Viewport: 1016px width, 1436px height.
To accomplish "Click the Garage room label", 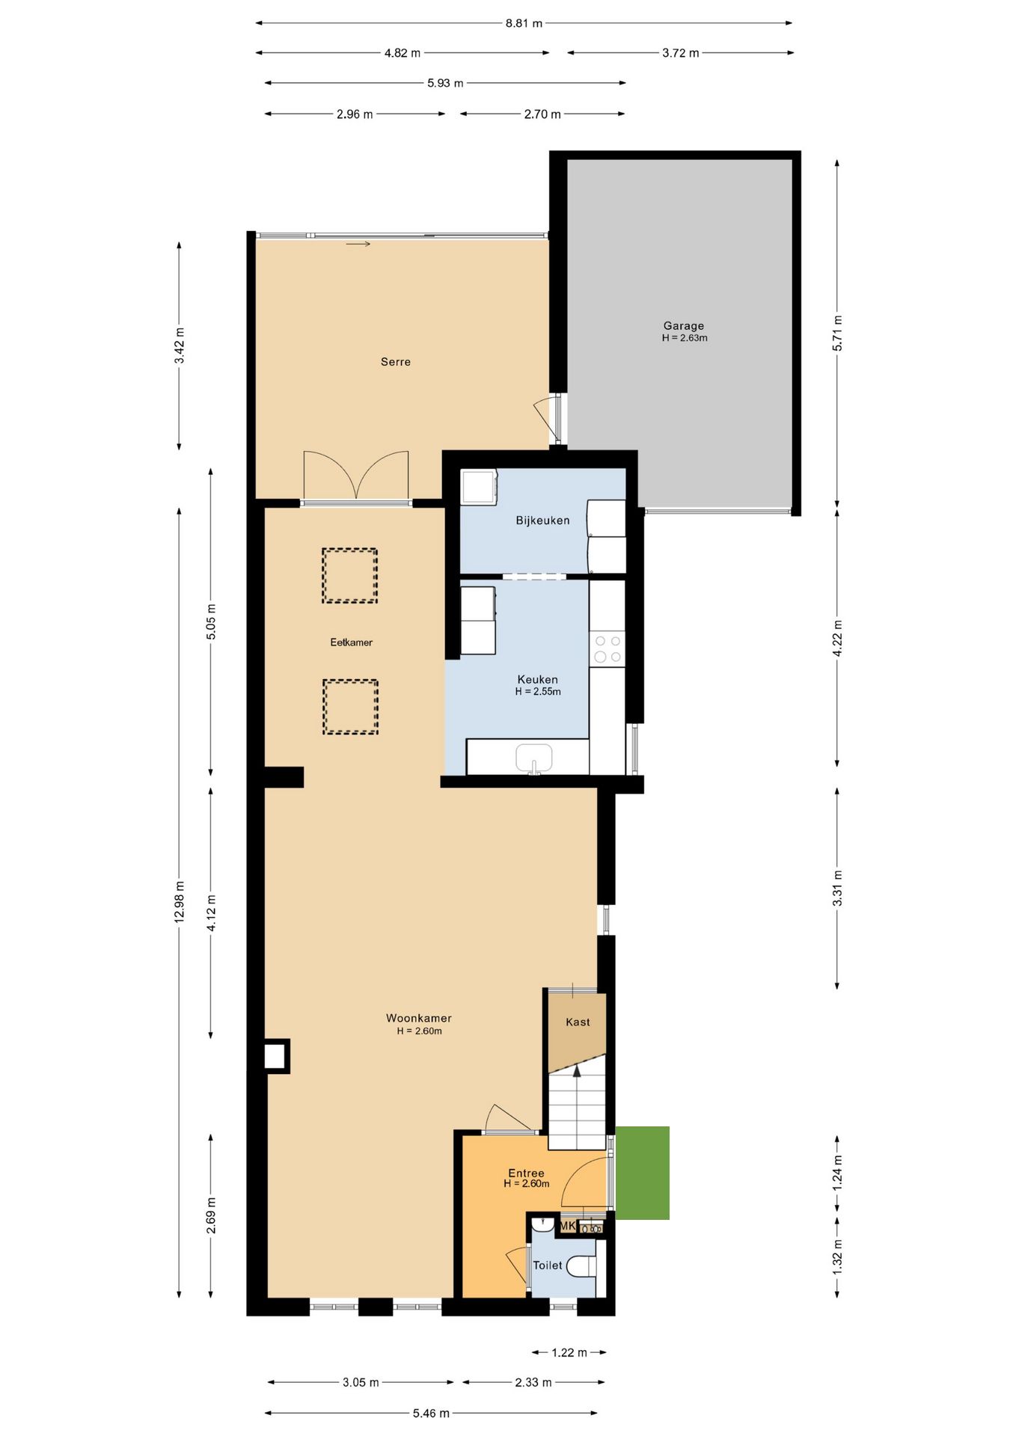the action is point(683,325).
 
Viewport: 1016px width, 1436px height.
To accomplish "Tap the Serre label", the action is point(396,362).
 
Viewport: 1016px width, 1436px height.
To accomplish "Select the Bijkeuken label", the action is point(542,521).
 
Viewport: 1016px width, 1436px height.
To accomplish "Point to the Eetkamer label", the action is point(351,642).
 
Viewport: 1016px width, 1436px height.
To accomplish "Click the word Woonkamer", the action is point(419,1018).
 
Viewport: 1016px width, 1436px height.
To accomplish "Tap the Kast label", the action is point(578,1022).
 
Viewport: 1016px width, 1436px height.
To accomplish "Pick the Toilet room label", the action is point(547,1265).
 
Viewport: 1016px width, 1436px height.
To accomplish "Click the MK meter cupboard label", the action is point(568,1226).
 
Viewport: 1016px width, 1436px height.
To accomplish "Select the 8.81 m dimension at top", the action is point(524,23).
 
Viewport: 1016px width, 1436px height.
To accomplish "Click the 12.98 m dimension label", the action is point(180,902).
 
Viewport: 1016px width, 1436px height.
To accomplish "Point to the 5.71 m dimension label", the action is point(837,333).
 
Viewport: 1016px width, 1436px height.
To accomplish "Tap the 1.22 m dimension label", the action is point(569,1352).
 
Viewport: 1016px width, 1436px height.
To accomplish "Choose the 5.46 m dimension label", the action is point(431,1413).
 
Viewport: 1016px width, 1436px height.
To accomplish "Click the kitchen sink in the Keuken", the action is point(534,758).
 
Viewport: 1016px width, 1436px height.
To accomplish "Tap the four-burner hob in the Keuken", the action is point(607,649).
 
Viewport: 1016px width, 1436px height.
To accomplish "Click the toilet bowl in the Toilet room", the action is point(581,1266).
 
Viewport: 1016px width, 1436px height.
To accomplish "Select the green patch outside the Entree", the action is point(642,1173).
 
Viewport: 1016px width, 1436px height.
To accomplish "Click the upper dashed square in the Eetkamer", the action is point(349,575).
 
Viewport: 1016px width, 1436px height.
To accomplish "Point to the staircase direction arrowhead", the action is point(577,1070).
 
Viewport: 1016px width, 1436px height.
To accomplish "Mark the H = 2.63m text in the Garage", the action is point(685,338).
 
